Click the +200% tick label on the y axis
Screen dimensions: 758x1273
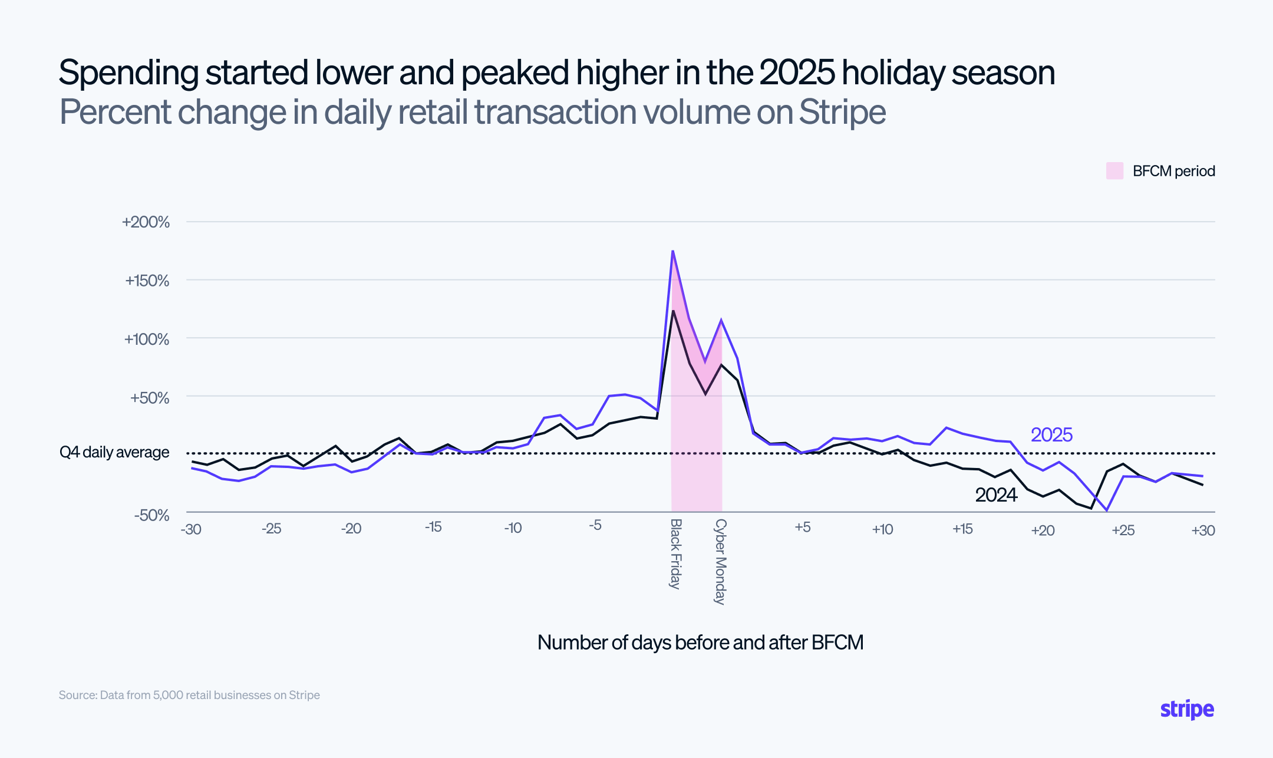146,222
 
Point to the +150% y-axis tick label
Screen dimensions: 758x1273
147,281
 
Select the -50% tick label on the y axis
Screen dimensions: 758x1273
151,515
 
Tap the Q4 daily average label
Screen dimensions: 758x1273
114,452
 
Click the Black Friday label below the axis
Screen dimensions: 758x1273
676,553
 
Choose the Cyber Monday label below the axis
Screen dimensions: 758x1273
720,561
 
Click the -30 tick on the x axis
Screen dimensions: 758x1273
191,529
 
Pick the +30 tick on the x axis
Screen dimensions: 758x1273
1203,530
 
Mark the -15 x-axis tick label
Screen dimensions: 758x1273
433,527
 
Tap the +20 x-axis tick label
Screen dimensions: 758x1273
1043,530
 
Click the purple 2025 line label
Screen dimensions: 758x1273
1051,435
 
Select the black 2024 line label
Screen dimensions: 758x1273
996,495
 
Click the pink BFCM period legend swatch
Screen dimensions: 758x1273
1114,171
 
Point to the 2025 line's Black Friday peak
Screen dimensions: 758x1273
672,252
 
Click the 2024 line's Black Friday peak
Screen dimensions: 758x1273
673,311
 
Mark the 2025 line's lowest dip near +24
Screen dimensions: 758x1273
1107,510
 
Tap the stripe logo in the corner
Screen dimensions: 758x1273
1187,709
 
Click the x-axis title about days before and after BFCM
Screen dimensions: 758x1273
700,642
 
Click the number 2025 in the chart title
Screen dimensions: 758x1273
797,72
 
